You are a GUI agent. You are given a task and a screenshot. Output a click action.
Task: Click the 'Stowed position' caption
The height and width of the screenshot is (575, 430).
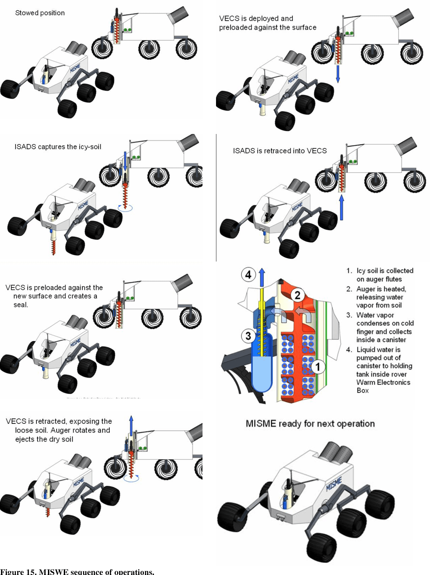coord(40,13)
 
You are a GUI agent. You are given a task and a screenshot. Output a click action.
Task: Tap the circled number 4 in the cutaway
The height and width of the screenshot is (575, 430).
coord(248,275)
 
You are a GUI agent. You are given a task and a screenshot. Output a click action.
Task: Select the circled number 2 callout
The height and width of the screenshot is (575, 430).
coord(297,295)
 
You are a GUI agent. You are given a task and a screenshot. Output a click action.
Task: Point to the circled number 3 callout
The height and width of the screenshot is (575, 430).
coord(248,336)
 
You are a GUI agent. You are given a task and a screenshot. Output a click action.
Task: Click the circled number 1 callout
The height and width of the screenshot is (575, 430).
coord(318,366)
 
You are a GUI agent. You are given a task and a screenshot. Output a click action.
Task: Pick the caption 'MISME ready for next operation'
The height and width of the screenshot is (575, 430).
coord(310,423)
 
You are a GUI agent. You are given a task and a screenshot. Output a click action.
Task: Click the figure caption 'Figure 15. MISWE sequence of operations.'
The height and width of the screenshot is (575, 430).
coord(77,571)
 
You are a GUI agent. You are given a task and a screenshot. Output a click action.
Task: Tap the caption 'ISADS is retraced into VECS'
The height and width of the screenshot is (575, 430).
coord(279,151)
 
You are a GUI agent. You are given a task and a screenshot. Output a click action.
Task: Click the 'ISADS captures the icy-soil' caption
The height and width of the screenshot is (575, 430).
coord(58,147)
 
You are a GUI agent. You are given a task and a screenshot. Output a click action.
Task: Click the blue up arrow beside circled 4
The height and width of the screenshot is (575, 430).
coord(262,277)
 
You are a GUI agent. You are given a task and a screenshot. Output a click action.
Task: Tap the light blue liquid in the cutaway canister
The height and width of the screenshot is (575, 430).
coord(262,371)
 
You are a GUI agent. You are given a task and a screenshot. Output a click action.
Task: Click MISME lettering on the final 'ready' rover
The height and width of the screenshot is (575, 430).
coord(334,484)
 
